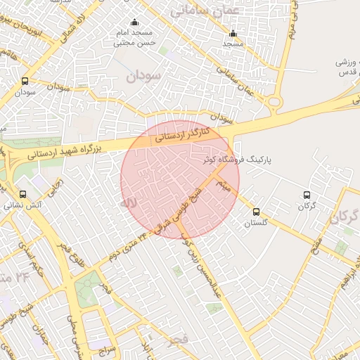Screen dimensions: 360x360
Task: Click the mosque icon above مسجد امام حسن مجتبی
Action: [135, 22]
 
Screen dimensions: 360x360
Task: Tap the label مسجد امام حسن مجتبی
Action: [134, 38]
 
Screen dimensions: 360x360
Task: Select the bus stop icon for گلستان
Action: [256, 211]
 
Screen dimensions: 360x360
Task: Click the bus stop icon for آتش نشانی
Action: [22, 194]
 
